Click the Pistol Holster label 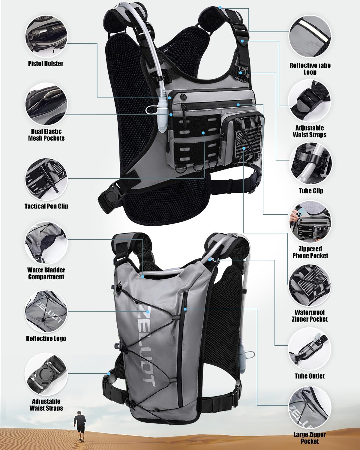coord(46,64)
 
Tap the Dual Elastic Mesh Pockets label coord(46,135)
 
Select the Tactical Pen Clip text coord(46,206)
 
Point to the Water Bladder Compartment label coord(46,273)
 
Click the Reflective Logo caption coord(46,338)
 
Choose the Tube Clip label coord(311,191)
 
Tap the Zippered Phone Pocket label coord(310,252)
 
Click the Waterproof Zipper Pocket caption coord(310,316)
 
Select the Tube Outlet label coord(310,376)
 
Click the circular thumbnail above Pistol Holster coord(46,35)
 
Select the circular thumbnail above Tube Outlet coord(310,349)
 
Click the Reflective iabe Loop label coord(310,69)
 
